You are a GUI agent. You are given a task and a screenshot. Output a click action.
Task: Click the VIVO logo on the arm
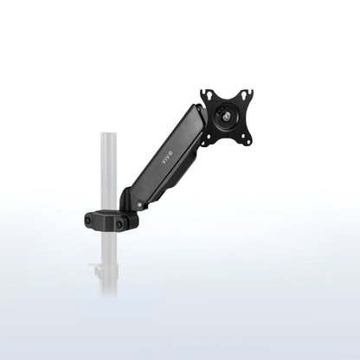click(167, 159)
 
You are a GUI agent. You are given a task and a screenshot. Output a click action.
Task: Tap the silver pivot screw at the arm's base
click(138, 205)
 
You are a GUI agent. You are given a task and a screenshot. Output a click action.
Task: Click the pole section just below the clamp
click(107, 247)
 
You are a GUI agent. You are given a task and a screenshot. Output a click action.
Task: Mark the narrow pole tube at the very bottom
click(108, 286)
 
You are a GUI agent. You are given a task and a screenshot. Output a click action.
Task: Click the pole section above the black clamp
click(107, 173)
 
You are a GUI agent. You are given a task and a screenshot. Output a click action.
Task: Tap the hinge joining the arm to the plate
click(202, 121)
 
